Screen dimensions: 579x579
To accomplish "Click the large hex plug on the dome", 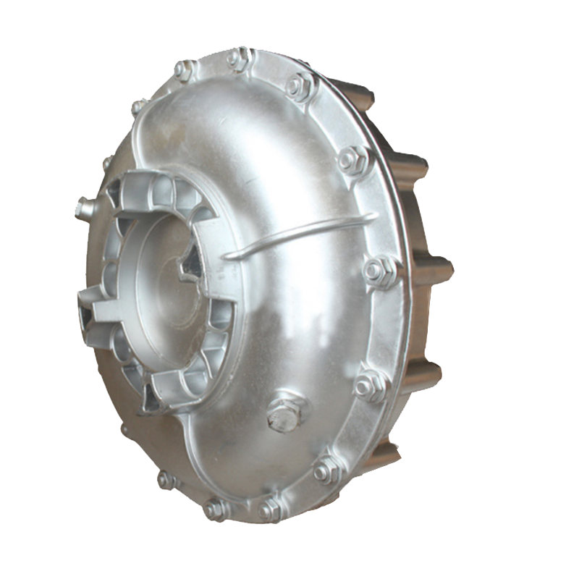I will tap(284, 414).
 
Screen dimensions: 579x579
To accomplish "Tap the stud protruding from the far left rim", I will tap(85, 208).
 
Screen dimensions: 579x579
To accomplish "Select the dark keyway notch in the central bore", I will tap(190, 265).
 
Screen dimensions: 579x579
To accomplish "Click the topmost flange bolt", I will tap(240, 58).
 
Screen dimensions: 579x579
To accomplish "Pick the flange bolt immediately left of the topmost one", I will tap(185, 70).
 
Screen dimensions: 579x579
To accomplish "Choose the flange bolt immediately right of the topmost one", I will tap(299, 86).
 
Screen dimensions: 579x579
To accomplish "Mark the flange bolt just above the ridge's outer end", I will tap(355, 160).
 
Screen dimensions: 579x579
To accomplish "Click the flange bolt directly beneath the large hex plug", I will tap(270, 509).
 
